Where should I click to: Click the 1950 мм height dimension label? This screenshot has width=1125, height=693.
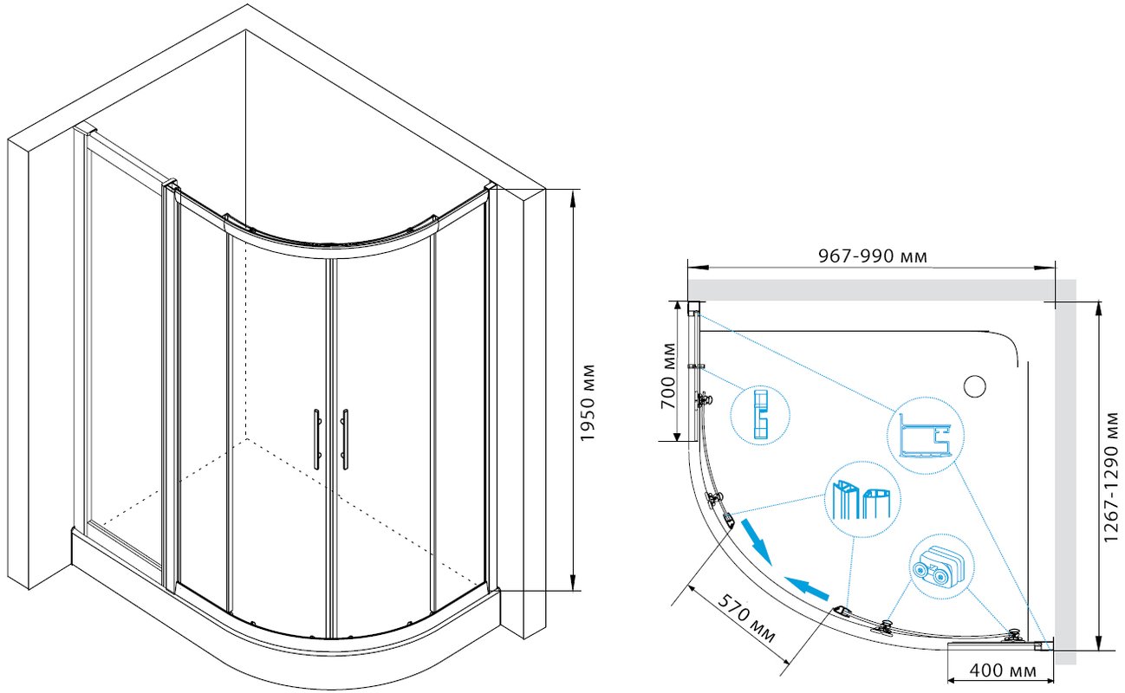click(x=587, y=403)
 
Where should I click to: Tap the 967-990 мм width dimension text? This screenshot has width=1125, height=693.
click(x=873, y=256)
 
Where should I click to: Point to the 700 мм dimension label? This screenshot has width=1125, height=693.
click(x=668, y=376)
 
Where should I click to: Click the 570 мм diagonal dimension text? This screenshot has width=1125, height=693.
click(x=746, y=619)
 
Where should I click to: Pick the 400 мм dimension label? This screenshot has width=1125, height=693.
click(x=1003, y=670)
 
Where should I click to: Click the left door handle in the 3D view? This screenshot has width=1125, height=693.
click(x=317, y=439)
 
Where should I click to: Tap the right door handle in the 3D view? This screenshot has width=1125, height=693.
click(x=345, y=439)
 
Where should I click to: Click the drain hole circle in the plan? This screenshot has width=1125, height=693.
click(x=975, y=386)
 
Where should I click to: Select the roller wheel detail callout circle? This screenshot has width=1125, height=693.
click(x=941, y=567)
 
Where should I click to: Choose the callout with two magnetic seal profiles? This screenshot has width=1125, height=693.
click(x=862, y=500)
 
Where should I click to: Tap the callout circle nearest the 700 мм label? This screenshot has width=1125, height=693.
click(x=760, y=415)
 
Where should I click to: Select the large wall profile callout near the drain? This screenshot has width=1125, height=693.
click(x=925, y=435)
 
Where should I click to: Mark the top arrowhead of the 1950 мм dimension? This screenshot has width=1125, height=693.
click(x=573, y=198)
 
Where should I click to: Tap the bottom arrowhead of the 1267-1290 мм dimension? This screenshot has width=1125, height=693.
click(x=1099, y=641)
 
